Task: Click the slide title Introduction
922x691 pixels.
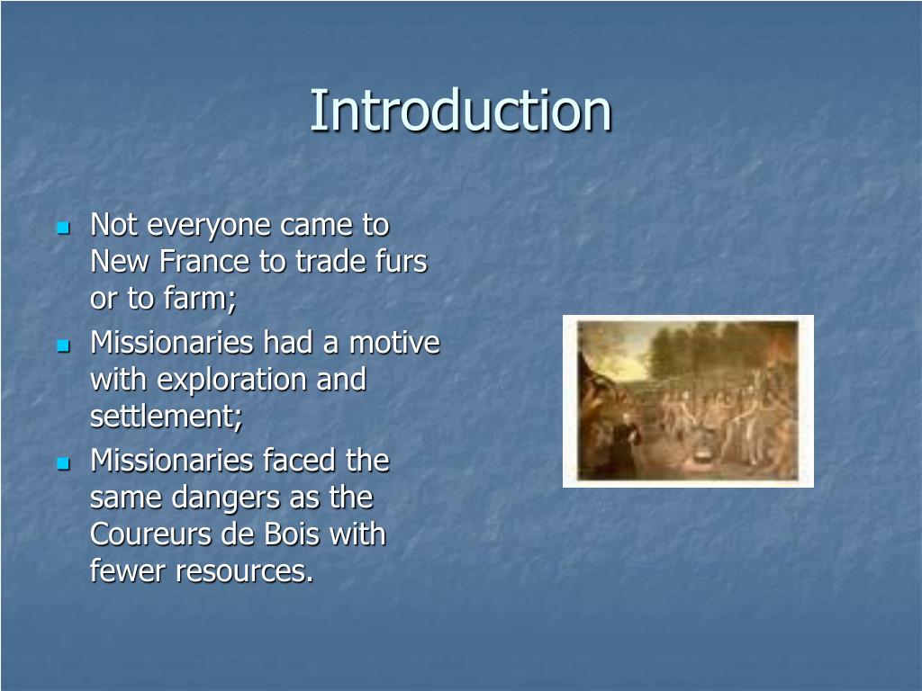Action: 460,111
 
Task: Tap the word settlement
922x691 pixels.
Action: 167,417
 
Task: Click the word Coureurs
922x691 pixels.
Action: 150,534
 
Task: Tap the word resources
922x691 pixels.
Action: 245,571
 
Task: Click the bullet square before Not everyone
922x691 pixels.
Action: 63,227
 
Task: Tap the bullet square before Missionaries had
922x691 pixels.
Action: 63,345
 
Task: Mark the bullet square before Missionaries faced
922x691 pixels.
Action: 63,462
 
